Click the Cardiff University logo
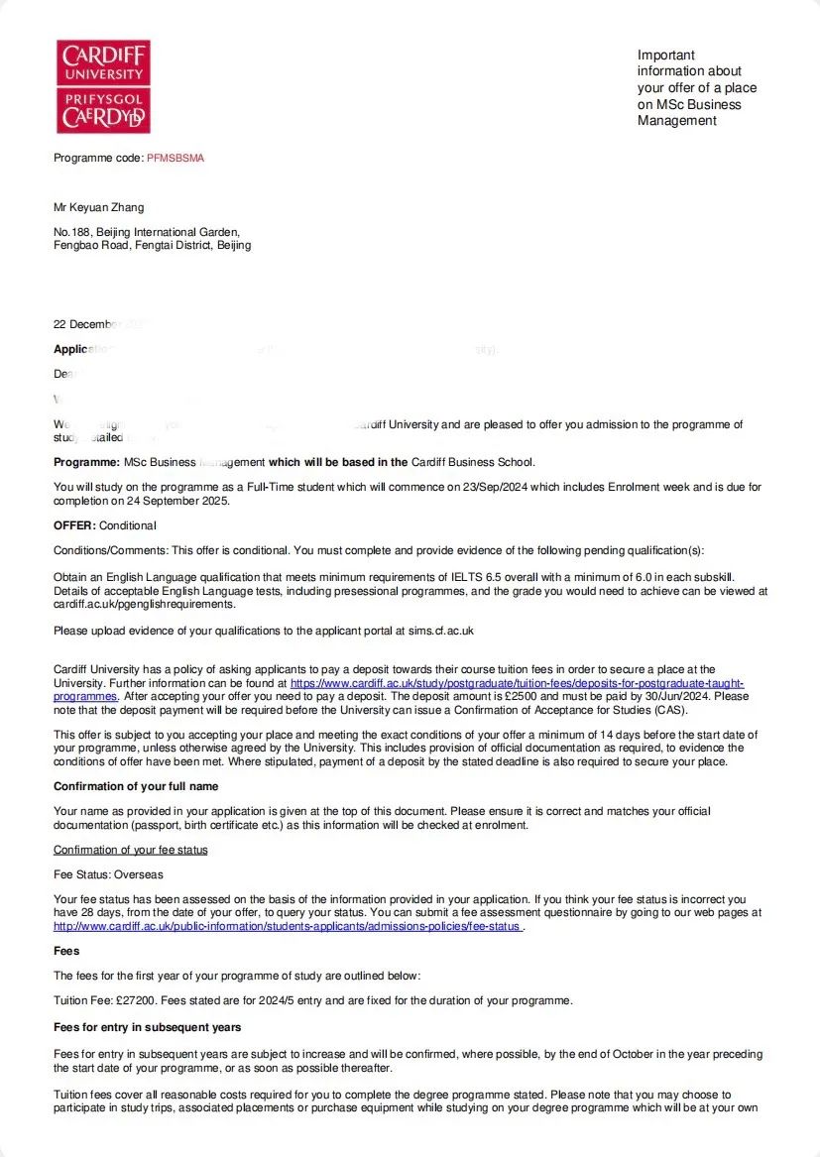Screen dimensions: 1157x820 pos(103,86)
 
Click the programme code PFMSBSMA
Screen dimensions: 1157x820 pos(176,158)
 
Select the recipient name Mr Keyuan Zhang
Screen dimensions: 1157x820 pos(98,207)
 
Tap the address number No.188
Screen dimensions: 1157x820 pos(72,232)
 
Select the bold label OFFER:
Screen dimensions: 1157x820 pos(74,525)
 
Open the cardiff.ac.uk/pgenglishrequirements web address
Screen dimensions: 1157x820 pos(144,604)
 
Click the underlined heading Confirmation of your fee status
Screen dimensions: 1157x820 pos(130,850)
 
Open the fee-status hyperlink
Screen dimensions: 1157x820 pos(288,926)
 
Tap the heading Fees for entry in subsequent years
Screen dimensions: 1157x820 pos(147,1026)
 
